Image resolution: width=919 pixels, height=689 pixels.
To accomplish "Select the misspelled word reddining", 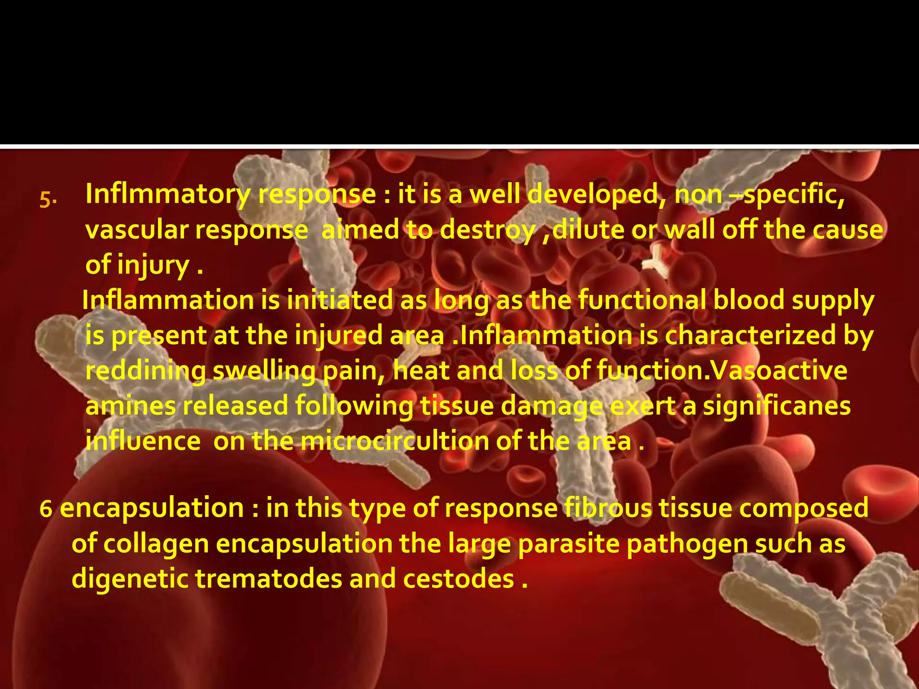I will click(x=146, y=371).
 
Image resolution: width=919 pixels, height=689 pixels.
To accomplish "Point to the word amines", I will click(x=131, y=406).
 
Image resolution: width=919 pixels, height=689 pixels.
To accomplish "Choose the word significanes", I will click(x=776, y=406).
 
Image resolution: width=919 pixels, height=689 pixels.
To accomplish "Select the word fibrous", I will click(x=608, y=508).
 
